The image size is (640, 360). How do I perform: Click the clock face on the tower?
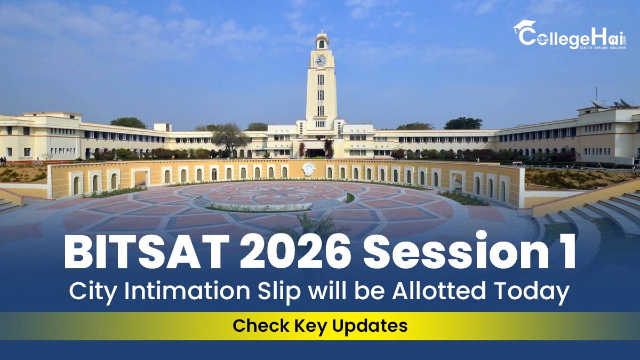[x=321, y=61]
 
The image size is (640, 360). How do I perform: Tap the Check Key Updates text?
[x=320, y=325]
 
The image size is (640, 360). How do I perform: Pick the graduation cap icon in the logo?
[x=524, y=27]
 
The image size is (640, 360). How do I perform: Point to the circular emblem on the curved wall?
[x=308, y=169]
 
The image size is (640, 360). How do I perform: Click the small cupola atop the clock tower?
[x=321, y=41]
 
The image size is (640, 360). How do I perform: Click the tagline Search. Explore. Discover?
[x=603, y=47]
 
